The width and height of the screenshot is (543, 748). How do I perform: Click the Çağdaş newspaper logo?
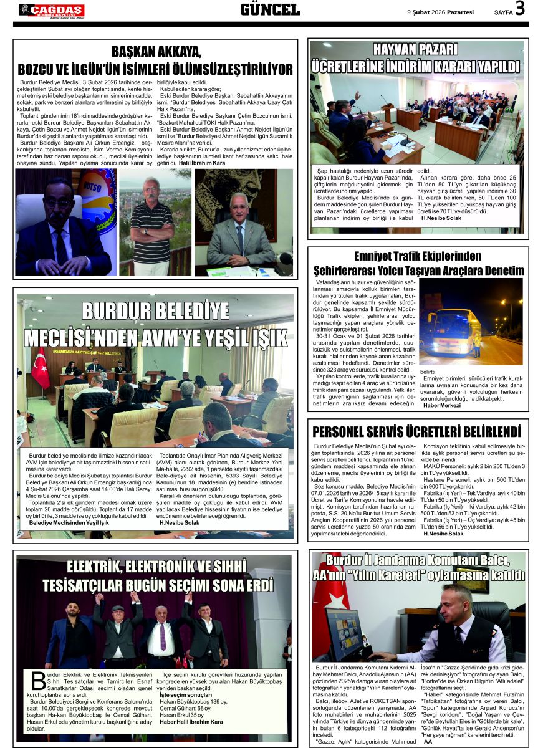52,10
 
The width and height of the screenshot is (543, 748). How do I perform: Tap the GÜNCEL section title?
270,9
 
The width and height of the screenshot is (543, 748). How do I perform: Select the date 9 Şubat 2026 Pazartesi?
440,11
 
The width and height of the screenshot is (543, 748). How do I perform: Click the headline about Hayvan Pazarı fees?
416,57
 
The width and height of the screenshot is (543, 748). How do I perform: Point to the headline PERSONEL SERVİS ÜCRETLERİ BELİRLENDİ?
416,431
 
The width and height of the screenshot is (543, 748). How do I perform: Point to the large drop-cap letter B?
38,681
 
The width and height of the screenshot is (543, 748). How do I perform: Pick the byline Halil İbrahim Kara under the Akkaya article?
202,163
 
